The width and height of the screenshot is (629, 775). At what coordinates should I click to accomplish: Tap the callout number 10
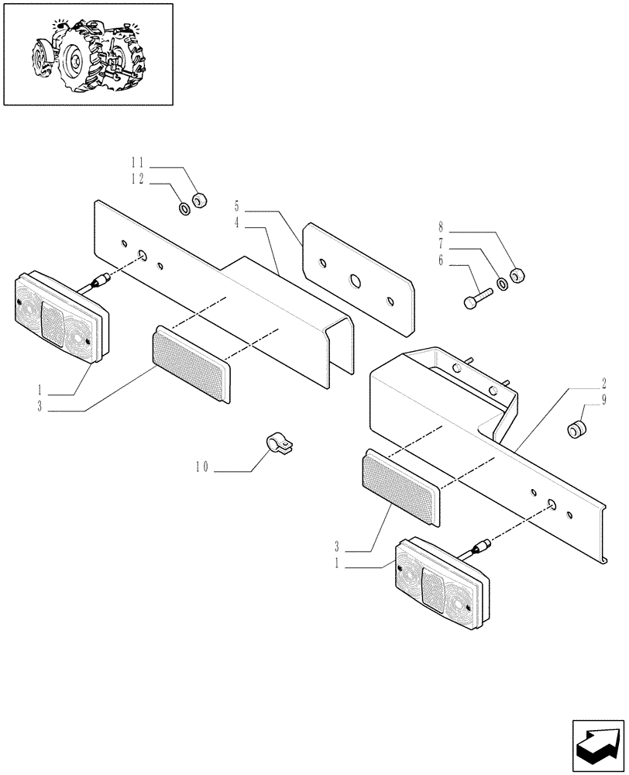click(x=201, y=468)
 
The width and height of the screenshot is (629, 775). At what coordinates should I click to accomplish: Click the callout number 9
click(x=603, y=399)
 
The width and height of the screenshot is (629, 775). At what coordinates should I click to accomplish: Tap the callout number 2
click(x=603, y=383)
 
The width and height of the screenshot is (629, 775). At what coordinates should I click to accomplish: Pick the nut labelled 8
click(x=520, y=274)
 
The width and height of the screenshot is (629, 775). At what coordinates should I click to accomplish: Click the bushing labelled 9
click(x=576, y=429)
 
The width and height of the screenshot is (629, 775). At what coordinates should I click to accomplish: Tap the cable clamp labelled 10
click(x=280, y=445)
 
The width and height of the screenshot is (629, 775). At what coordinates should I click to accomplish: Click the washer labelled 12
click(x=185, y=208)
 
